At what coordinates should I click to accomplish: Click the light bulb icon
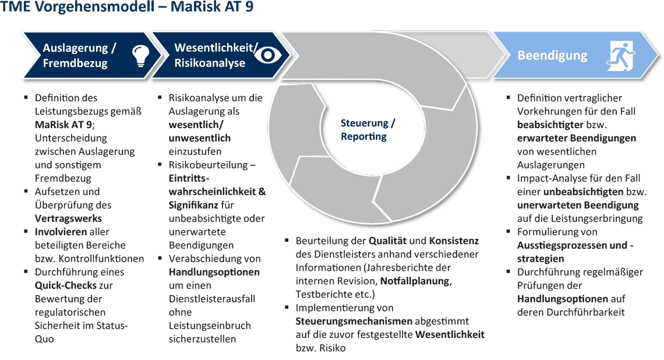tap(140, 56)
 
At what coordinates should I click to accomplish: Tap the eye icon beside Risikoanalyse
tap(268, 55)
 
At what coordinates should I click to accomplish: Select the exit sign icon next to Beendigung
tap(621, 56)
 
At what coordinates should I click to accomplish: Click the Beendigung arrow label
tap(552, 55)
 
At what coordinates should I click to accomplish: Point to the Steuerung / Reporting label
tap(368, 129)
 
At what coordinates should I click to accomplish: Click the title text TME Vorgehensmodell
tap(77, 7)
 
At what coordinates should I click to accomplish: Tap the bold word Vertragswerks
tap(68, 218)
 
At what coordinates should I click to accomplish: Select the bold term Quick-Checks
tap(66, 285)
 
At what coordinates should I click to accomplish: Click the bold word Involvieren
tap(61, 232)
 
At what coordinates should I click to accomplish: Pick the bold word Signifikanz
tap(193, 205)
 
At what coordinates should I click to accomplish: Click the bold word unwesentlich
tap(199, 138)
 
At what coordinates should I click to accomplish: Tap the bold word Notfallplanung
tap(415, 281)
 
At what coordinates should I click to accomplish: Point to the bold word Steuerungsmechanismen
tap(354, 321)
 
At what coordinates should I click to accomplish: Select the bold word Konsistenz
tap(454, 241)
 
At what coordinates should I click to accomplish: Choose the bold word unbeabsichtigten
tap(583, 192)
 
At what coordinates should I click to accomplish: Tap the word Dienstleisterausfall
tap(212, 299)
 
